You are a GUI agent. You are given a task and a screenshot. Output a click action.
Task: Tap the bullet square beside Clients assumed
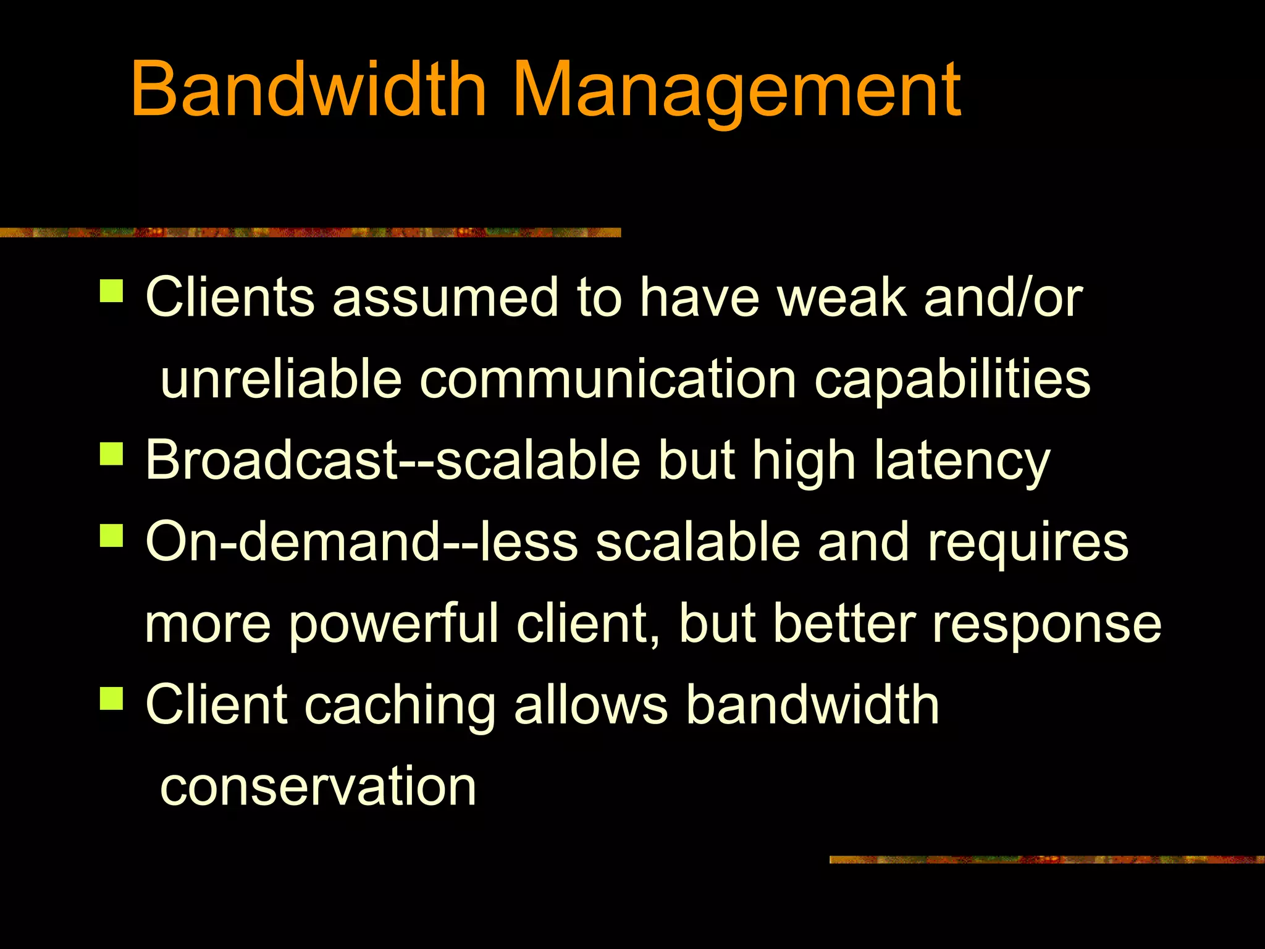[112, 290]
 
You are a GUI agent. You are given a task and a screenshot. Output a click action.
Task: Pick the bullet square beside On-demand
[112, 535]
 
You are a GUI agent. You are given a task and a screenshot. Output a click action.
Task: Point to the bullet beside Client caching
[112, 698]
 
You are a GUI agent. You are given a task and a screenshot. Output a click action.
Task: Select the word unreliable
[281, 379]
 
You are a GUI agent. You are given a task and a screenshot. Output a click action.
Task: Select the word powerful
[393, 625]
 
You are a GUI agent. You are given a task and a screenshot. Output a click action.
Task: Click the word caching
[400, 706]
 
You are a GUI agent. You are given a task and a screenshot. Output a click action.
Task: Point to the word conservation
[318, 787]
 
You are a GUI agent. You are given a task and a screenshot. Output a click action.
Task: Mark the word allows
[590, 705]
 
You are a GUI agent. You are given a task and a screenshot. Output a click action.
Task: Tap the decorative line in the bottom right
[1046, 859]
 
